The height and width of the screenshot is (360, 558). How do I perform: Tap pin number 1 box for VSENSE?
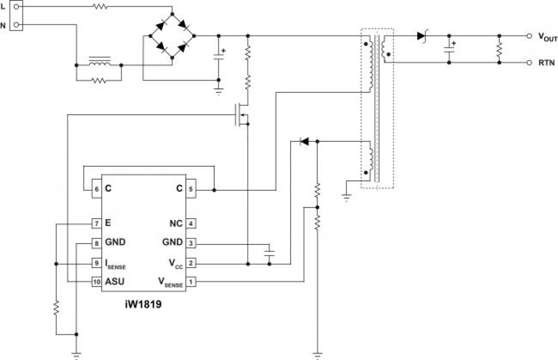pyautogui.click(x=190, y=282)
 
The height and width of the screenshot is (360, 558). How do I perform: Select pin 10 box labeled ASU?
pyautogui.click(x=96, y=282)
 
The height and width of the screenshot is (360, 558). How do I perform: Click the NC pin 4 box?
pyautogui.click(x=190, y=224)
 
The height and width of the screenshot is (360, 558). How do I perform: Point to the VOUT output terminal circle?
pyautogui.click(x=529, y=36)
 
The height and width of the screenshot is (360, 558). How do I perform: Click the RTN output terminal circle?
pyautogui.click(x=529, y=63)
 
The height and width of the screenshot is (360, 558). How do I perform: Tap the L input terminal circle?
pyautogui.click(x=16, y=7)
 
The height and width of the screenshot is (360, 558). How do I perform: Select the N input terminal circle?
pyautogui.click(x=16, y=24)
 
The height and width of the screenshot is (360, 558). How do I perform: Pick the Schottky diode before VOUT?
pyautogui.click(x=422, y=36)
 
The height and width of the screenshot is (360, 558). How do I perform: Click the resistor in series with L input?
pyautogui.click(x=100, y=7)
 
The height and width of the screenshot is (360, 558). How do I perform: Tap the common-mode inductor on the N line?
pyautogui.click(x=99, y=63)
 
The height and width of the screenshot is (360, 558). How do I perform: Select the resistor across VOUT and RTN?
pyautogui.click(x=499, y=49)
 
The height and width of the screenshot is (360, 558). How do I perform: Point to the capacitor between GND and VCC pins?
pyautogui.click(x=269, y=254)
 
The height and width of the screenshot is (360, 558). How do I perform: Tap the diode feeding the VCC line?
pyautogui.click(x=304, y=142)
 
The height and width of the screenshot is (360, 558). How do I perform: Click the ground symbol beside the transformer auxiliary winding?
pyautogui.click(x=347, y=196)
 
